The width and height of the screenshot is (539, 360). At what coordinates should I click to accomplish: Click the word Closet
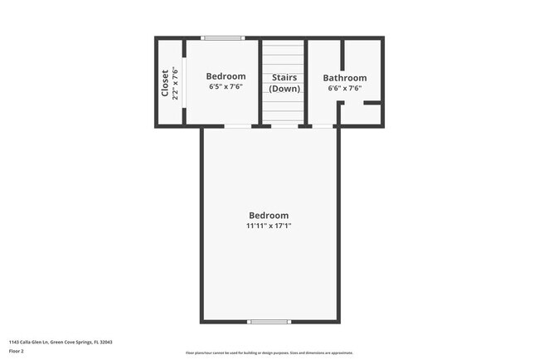(165, 83)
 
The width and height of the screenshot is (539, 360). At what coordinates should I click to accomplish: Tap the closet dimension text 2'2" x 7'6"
(175, 83)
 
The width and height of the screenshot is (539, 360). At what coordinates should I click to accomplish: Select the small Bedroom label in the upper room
(226, 76)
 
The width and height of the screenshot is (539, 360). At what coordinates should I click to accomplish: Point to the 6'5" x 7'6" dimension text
(226, 86)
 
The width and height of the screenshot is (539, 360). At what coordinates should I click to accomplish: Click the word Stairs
(284, 78)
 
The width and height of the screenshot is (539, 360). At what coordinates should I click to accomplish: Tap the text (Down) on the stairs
(284, 88)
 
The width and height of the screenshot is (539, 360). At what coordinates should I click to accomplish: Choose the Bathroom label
(344, 78)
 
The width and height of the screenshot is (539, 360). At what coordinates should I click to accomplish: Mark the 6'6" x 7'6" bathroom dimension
(344, 88)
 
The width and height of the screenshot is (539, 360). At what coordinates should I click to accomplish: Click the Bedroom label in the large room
(269, 215)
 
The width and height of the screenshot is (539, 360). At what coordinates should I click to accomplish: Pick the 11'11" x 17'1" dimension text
(269, 226)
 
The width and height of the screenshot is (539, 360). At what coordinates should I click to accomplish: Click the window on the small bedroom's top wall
(224, 38)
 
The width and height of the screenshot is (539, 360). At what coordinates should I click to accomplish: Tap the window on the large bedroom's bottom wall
(269, 321)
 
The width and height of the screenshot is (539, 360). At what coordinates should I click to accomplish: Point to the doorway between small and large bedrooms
(238, 126)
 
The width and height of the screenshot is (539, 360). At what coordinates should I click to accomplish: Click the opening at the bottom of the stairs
(284, 126)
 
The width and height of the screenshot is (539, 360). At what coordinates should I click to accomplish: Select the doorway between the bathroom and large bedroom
(323, 126)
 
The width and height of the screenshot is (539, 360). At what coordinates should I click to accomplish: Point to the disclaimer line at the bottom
(269, 353)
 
